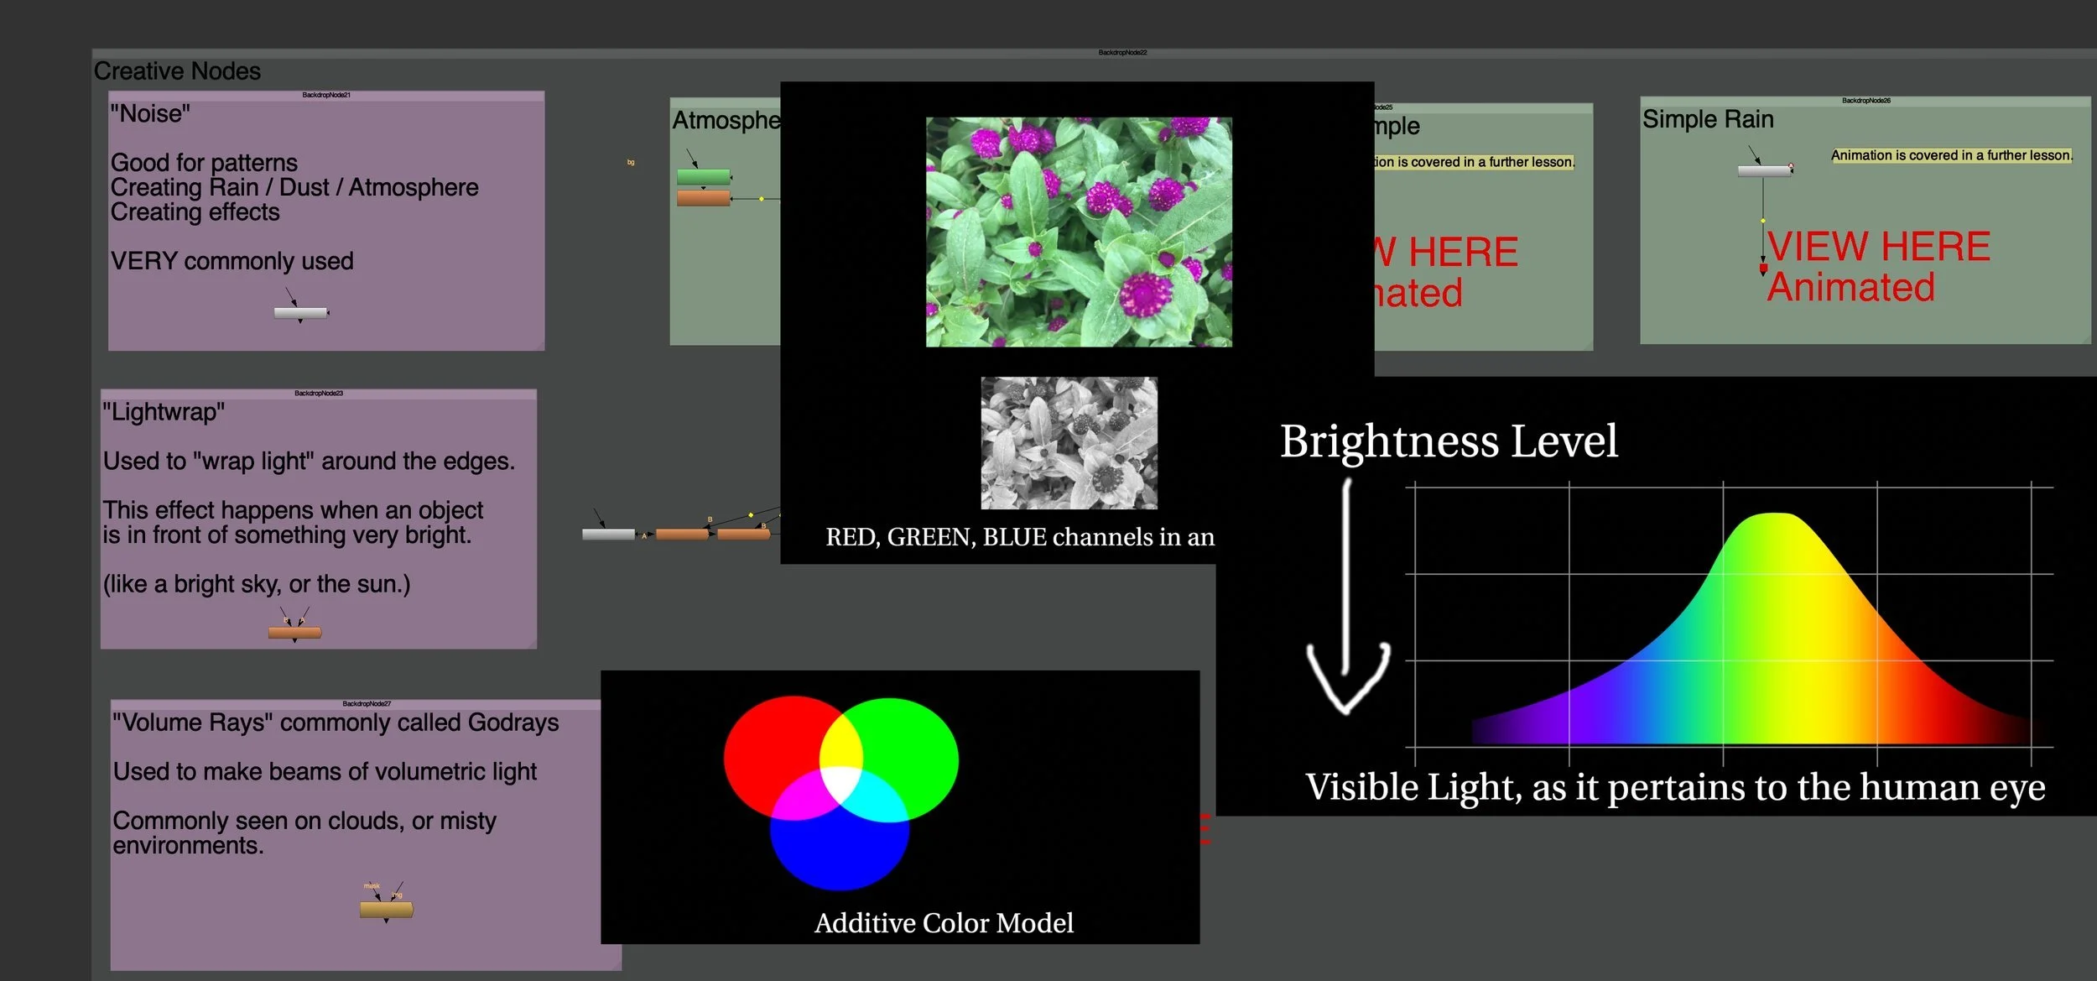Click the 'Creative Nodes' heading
point(177,71)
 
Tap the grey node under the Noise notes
point(300,313)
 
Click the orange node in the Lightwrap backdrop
point(294,633)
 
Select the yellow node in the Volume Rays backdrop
point(386,909)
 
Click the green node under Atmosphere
point(703,177)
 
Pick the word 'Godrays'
point(513,723)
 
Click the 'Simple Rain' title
point(1708,119)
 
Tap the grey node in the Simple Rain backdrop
point(1763,171)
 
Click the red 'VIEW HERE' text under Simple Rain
point(1878,247)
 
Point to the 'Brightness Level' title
point(1449,441)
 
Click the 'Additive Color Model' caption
point(944,923)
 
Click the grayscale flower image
point(1069,443)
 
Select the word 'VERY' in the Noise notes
point(143,261)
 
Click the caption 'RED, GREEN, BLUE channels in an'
point(1020,537)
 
